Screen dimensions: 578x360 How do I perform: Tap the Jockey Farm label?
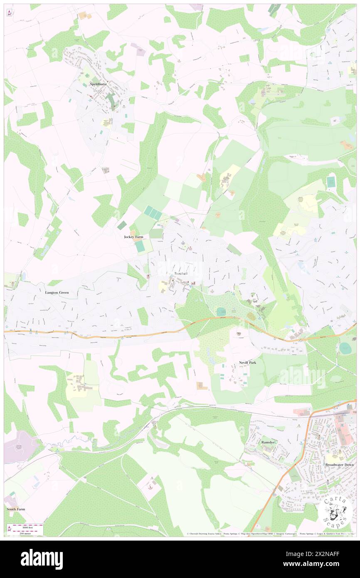tap(134, 237)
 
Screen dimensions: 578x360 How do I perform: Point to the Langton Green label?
tap(57, 292)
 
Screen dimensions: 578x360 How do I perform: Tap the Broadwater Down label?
tap(339, 464)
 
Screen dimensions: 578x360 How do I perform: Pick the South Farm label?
tap(16, 509)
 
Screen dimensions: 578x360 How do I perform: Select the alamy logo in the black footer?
tap(42, 559)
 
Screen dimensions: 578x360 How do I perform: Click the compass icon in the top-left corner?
tap(9, 13)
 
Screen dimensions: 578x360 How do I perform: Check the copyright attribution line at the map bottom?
tap(270, 534)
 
